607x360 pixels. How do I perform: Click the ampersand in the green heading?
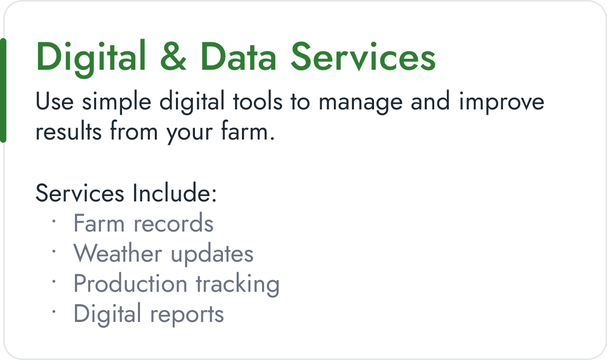173,57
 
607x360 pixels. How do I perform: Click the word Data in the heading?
238,57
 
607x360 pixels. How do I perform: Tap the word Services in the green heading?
363,57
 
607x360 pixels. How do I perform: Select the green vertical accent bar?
3,90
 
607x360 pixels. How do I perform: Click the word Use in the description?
54,102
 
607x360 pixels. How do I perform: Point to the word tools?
258,101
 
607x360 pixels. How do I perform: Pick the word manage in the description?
360,103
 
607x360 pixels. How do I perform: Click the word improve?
501,103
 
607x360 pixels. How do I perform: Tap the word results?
68,132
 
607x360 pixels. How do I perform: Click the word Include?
174,192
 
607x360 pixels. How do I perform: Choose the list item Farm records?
143,223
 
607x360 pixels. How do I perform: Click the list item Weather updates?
163,253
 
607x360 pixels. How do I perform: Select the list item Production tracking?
176,284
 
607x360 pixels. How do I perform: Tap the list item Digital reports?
148,314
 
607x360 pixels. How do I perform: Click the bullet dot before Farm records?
54,221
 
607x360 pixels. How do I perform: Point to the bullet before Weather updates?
54,252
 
